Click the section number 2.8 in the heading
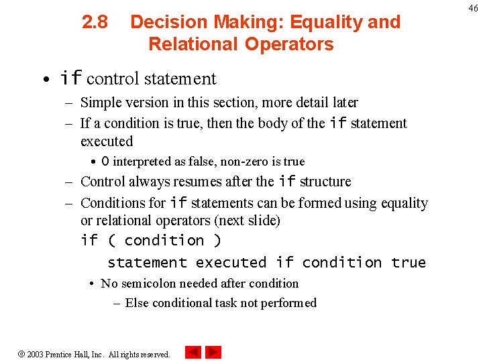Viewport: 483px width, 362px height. tap(95, 22)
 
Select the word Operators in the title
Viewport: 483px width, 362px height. tap(288, 44)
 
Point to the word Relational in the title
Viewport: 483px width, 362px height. tap(193, 44)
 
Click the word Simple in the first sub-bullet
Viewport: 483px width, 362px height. tap(98, 103)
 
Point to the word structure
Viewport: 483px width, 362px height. tap(325, 182)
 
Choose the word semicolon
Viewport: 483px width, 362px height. tap(147, 284)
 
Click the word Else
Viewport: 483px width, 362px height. tap(137, 303)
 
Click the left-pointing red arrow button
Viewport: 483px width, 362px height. tap(193, 352)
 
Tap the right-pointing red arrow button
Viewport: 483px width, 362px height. tap(213, 352)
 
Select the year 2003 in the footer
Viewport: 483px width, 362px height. tap(36, 354)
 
